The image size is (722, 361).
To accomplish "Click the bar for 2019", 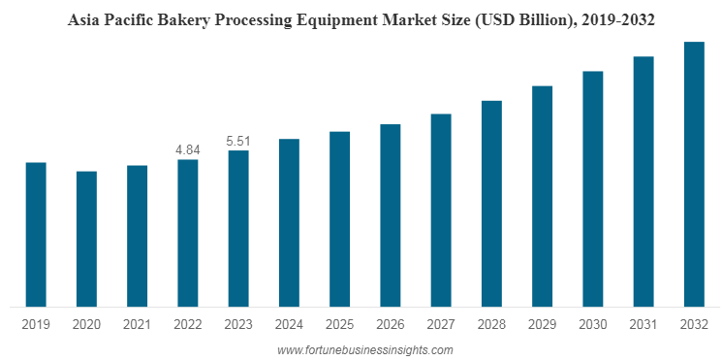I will [x=35, y=234].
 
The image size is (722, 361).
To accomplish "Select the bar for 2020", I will [x=86, y=239].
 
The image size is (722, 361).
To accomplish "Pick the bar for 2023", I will [x=237, y=228].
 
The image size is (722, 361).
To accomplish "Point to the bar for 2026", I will [x=390, y=215].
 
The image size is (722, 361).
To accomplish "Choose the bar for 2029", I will [x=542, y=196].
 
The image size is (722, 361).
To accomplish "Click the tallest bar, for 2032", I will [x=694, y=174].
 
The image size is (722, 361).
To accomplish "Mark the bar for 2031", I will [x=644, y=181].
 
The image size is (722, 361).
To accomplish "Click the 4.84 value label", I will [x=187, y=149].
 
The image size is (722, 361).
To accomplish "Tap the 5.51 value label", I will [x=237, y=141].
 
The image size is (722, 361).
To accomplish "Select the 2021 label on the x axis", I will [x=137, y=323].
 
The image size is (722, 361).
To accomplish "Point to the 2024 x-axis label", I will [x=289, y=323].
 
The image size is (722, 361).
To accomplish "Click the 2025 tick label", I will [x=339, y=323].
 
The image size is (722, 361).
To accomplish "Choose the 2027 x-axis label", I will [x=441, y=323].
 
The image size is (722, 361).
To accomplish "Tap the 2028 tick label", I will [x=491, y=323].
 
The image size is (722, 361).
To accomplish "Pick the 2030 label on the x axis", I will [x=593, y=323].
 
